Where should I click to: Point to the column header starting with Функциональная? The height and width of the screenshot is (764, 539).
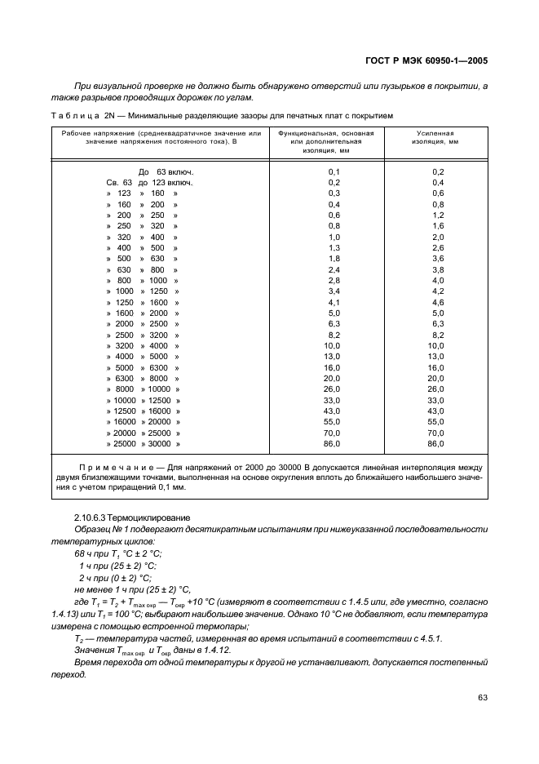point(325,140)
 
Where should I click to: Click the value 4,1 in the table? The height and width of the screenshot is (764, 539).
point(334,302)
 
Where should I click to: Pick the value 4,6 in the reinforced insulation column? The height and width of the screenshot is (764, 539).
point(436,302)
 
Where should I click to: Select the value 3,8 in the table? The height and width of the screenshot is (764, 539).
point(436,269)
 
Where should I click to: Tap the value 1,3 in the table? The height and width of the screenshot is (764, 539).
point(334,247)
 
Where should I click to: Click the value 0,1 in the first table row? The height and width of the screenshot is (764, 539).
point(334,171)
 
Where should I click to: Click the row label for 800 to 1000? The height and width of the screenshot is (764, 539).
point(142,280)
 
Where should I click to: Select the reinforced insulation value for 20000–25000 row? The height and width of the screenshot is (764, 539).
point(436,433)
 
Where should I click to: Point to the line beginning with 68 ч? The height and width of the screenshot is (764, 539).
point(117,553)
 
